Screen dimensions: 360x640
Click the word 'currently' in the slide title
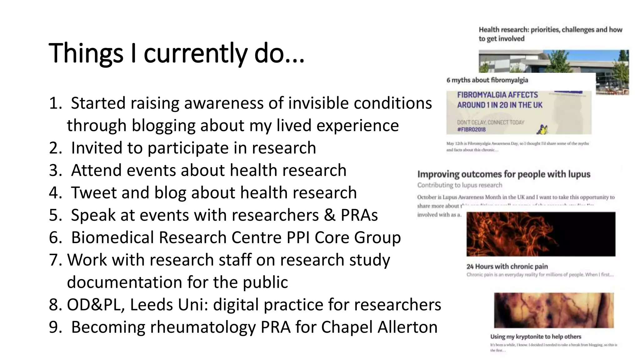195,53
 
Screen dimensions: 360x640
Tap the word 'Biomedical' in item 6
112,237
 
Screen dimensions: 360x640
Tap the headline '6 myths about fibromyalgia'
487,80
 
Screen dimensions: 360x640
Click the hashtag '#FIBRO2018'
471,129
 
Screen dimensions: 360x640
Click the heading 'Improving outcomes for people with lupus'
503,174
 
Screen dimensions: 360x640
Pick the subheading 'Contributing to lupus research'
459,185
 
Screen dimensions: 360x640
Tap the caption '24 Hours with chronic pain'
507,267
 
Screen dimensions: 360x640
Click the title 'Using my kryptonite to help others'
535,337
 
